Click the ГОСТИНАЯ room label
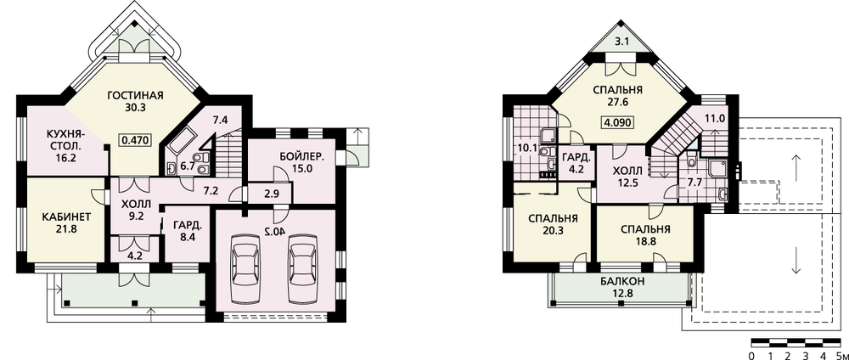(135, 96)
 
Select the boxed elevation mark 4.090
(617, 122)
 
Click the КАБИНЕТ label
(66, 217)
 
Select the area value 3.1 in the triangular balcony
(621, 41)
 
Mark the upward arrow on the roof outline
(796, 166)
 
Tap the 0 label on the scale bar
(751, 356)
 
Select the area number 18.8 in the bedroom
(645, 241)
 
